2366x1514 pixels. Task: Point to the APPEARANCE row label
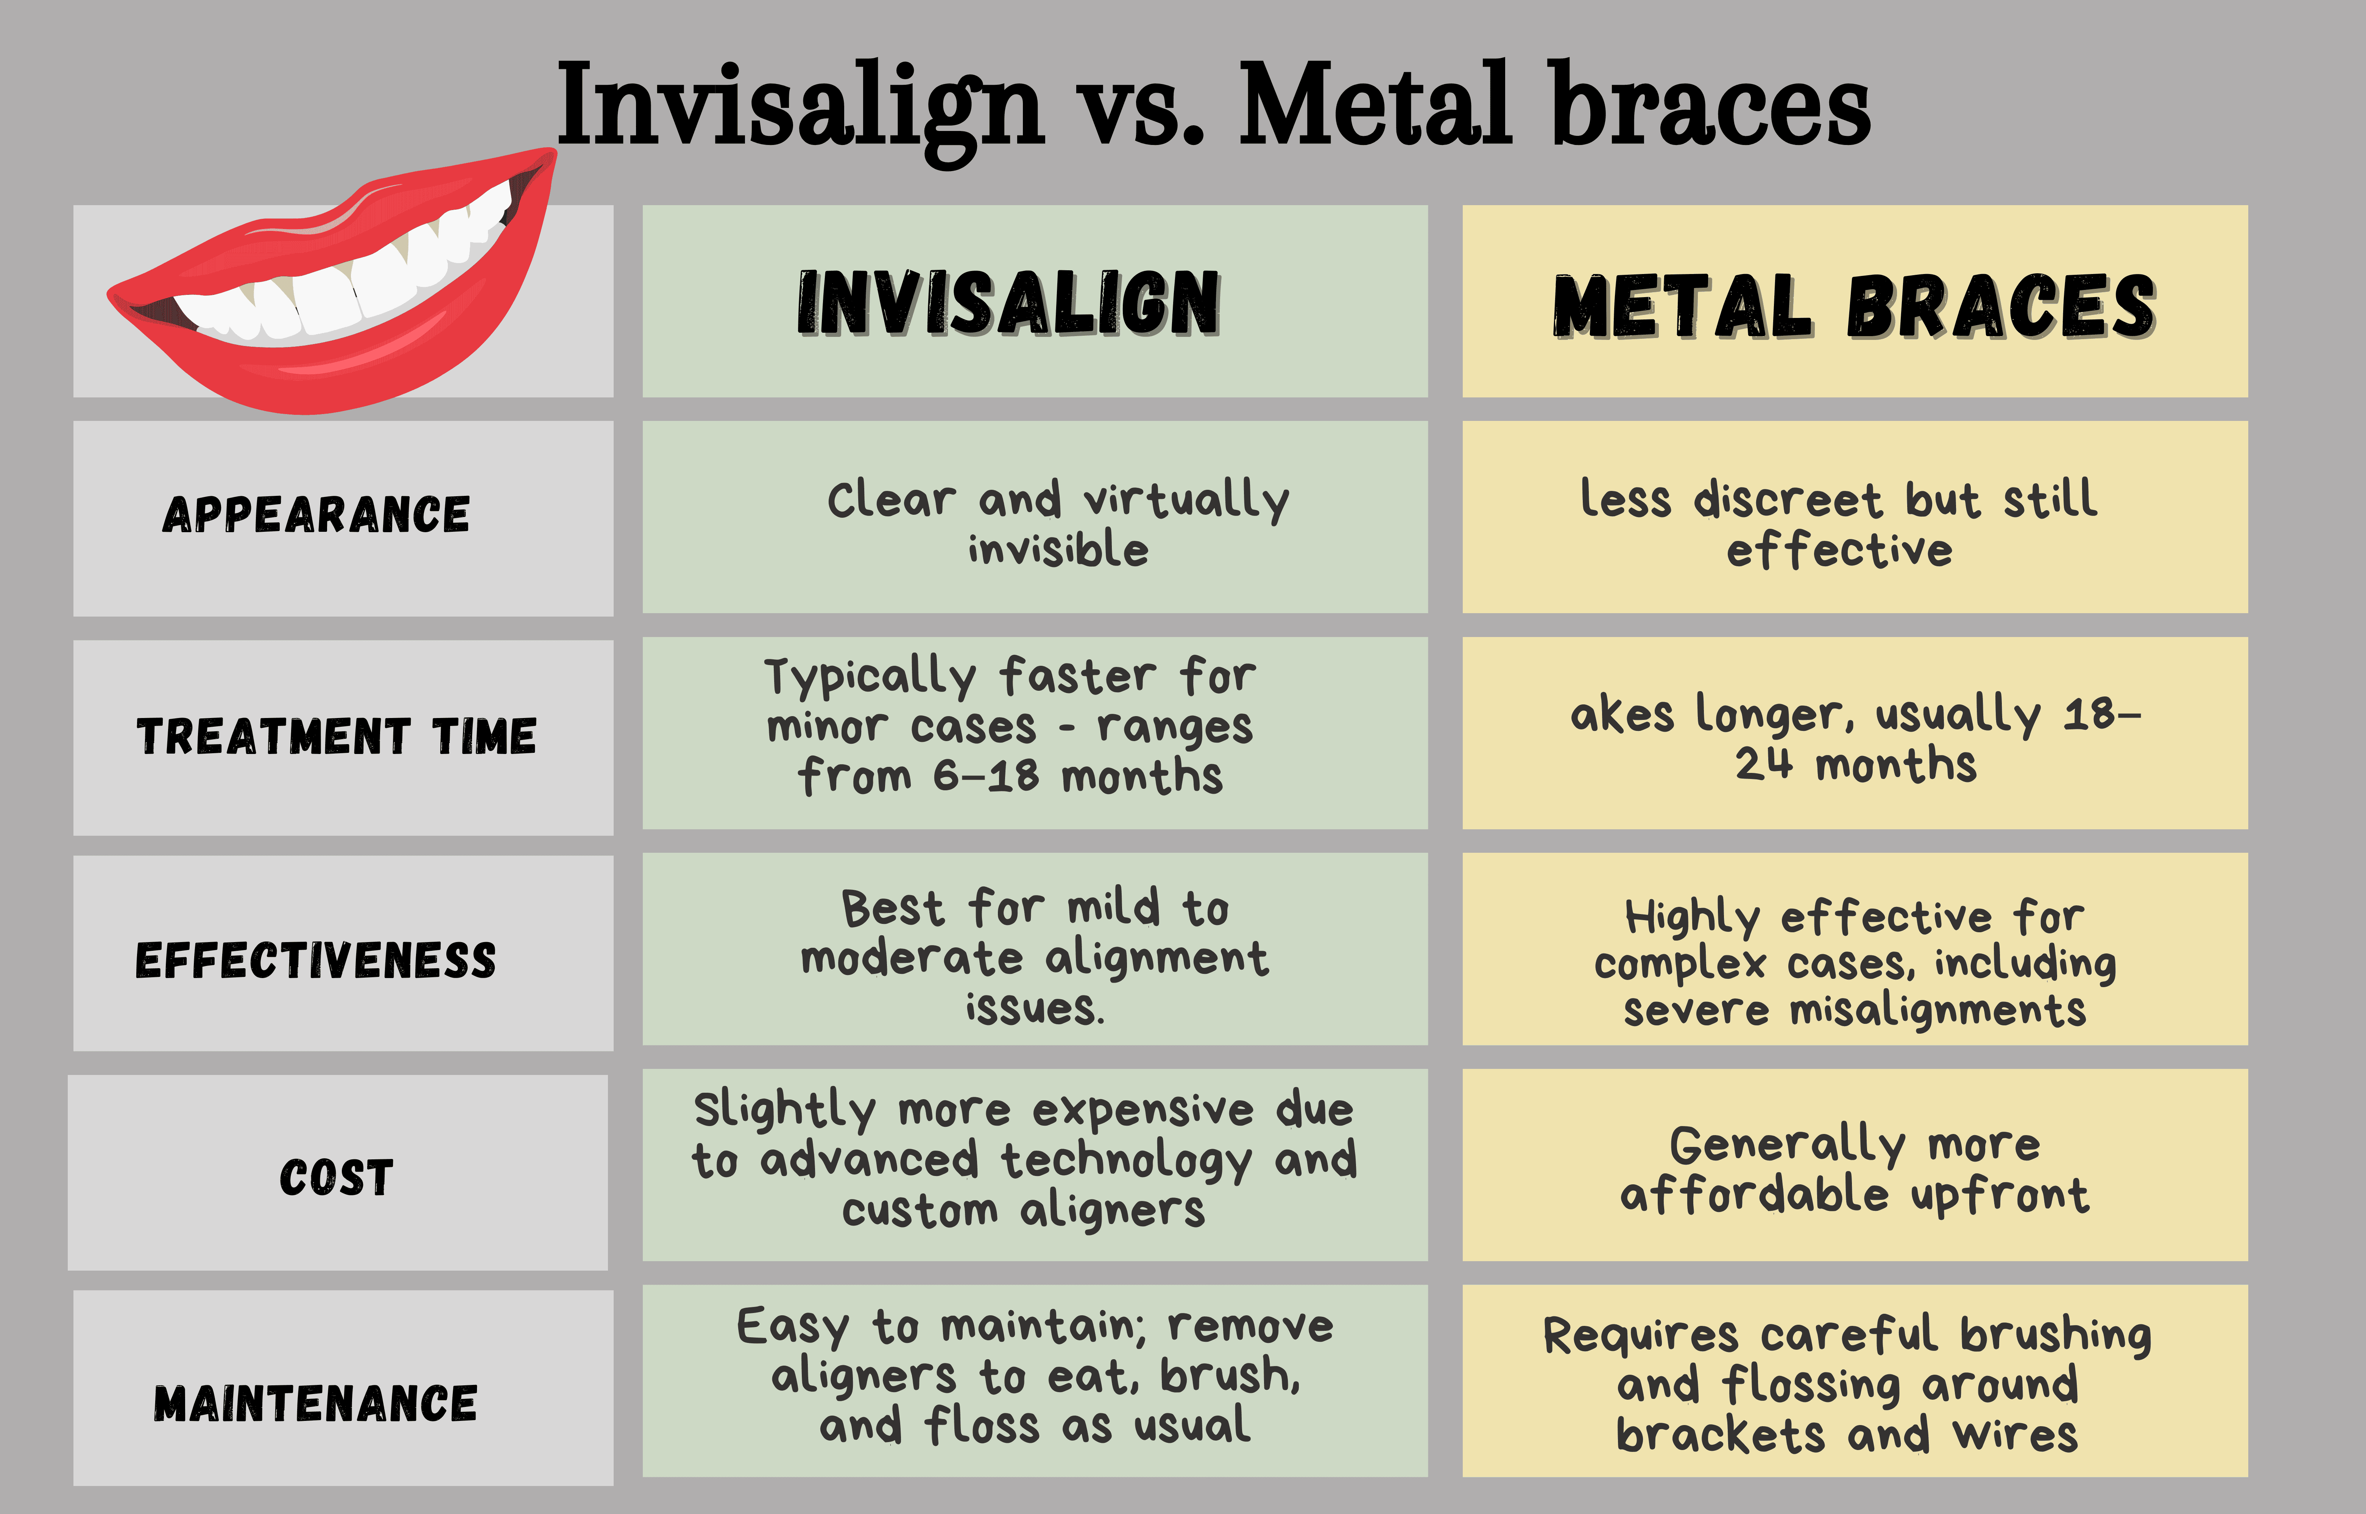pyautogui.click(x=316, y=514)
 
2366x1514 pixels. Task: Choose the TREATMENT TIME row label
pyautogui.click(x=336, y=736)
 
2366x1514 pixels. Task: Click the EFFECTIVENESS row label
pyautogui.click(x=316, y=961)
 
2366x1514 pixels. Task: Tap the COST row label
pyautogui.click(x=336, y=1177)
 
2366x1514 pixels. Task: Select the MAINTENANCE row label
pyautogui.click(x=316, y=1403)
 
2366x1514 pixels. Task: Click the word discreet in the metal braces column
pyautogui.click(x=1787, y=499)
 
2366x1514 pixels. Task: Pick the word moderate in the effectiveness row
pyautogui.click(x=911, y=958)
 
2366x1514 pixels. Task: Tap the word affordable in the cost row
pyautogui.click(x=1753, y=1195)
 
